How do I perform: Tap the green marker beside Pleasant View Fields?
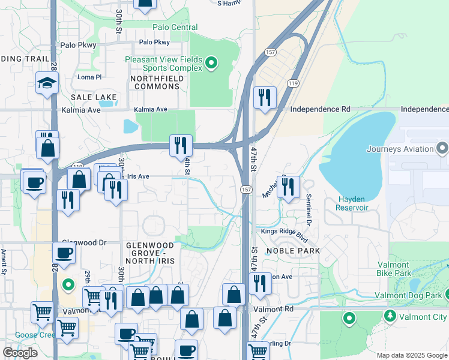point(211,62)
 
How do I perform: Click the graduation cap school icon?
point(46,83)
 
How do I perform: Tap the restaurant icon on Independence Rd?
point(265,97)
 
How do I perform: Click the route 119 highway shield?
point(293,83)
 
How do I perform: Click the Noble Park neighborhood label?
point(293,250)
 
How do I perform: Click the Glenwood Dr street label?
point(83,242)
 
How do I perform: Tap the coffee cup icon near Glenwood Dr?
point(64,253)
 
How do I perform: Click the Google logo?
point(20,353)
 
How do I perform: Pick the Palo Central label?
point(175,27)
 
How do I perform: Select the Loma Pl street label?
point(90,77)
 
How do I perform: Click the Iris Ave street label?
point(138,176)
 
